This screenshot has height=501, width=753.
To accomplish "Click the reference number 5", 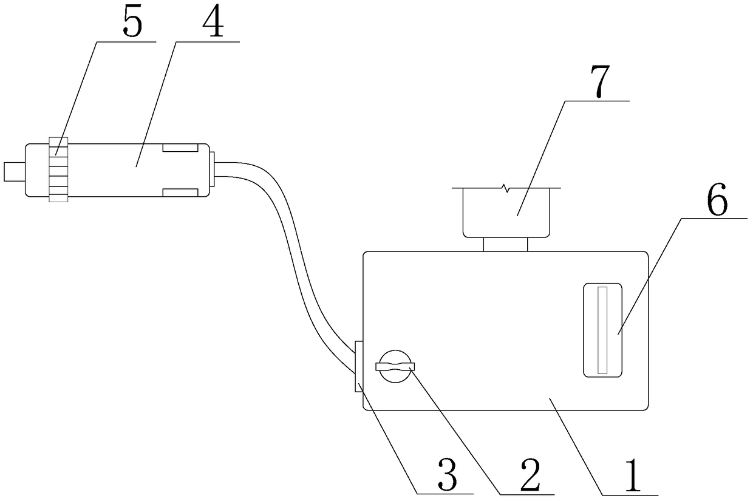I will (x=132, y=24).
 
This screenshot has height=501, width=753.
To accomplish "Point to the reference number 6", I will (x=718, y=202).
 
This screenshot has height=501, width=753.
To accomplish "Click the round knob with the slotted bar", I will (x=395, y=366).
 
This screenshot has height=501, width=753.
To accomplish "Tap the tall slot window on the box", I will (x=602, y=330).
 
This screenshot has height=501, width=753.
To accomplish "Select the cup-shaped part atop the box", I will (x=507, y=211).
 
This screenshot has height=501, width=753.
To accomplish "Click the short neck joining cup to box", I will (x=505, y=244).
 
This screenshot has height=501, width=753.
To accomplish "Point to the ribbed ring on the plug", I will (x=58, y=169).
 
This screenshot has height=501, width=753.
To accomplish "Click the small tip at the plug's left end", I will (x=13, y=171).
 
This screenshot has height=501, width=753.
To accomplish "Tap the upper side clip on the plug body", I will (x=180, y=148).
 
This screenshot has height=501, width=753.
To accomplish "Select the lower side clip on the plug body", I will (x=180, y=193).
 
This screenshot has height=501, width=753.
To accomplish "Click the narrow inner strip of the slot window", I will (x=602, y=330).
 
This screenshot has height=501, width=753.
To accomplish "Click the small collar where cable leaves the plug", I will (x=213, y=169).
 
